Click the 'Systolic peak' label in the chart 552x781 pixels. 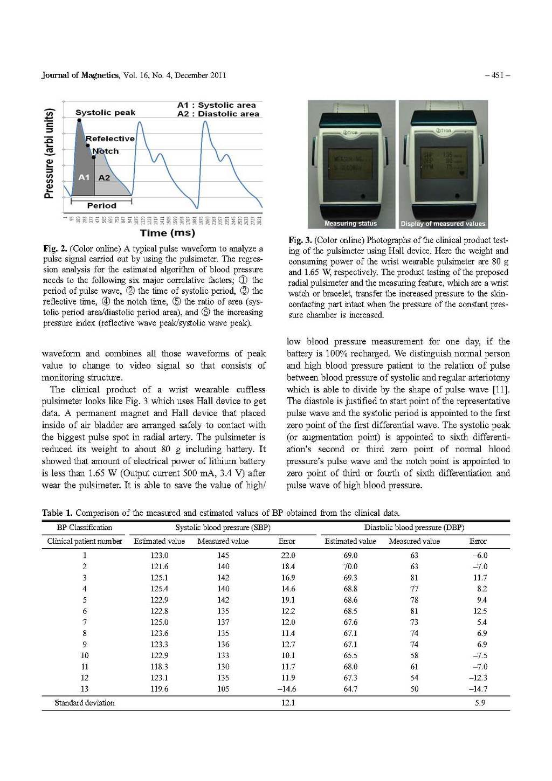(x=105, y=113)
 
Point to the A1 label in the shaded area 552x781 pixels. (x=84, y=177)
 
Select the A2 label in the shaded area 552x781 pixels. (x=104, y=177)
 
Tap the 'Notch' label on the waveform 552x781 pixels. (x=105, y=151)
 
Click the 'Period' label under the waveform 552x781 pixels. (x=101, y=205)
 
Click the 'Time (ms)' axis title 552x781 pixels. (x=167, y=233)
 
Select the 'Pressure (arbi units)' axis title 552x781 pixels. (x=49, y=153)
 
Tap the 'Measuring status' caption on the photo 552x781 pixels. (x=350, y=224)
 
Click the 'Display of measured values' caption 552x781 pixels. (x=443, y=224)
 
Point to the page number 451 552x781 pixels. (x=500, y=75)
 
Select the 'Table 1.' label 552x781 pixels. (x=58, y=513)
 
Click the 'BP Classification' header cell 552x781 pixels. (x=84, y=528)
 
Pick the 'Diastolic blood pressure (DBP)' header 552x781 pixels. (x=414, y=528)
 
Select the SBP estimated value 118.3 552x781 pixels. (x=159, y=667)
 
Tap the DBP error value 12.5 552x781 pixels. (x=479, y=611)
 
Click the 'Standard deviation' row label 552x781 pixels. (x=84, y=703)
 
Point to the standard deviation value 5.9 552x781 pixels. (x=480, y=703)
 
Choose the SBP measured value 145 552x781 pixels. (x=223, y=555)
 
